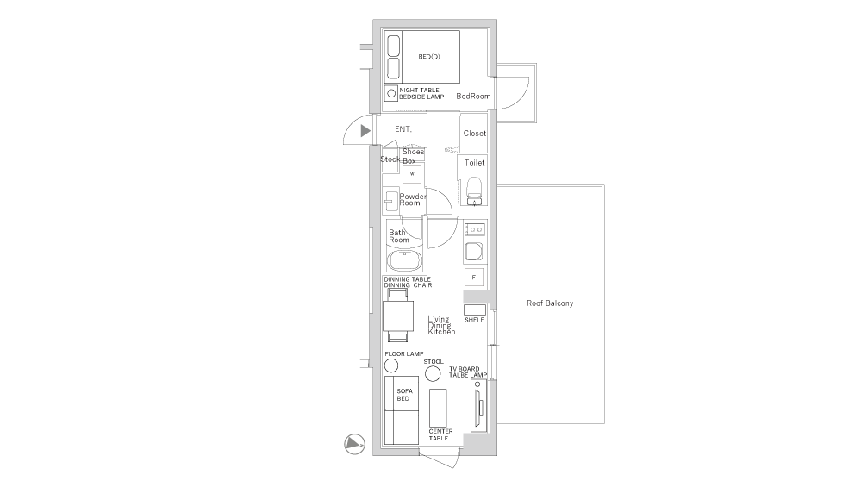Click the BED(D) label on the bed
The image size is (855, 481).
click(x=428, y=58)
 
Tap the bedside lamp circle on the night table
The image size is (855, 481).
click(x=391, y=93)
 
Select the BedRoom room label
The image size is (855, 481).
click(x=473, y=96)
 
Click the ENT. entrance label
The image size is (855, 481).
click(x=403, y=129)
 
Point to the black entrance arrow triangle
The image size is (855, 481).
click(x=365, y=130)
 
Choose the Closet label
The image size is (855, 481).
click(x=475, y=134)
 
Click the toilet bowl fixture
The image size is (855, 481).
click(x=473, y=190)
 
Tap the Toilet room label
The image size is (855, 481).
click(x=475, y=162)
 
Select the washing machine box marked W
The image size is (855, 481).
click(x=412, y=173)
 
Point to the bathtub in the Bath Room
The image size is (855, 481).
click(x=403, y=261)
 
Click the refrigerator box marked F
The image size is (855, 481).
click(x=473, y=277)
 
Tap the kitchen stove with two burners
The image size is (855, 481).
click(x=475, y=230)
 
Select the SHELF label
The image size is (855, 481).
click(x=474, y=320)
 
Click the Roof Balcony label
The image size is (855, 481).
click(x=550, y=303)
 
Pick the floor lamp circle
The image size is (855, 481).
click(x=391, y=365)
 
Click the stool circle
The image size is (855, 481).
click(x=434, y=373)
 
